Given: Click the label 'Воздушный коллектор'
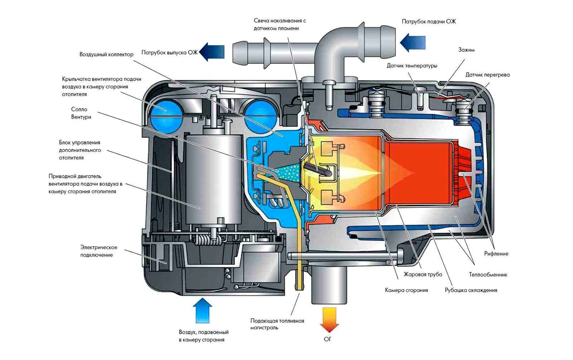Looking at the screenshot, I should (x=106, y=54).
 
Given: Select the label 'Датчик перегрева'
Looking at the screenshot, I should (x=487, y=75).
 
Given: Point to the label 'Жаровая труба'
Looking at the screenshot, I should (x=423, y=274).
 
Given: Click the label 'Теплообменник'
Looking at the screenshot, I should (x=488, y=275).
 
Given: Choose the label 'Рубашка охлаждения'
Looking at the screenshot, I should (x=471, y=290).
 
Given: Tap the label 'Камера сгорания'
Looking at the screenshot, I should (x=406, y=290).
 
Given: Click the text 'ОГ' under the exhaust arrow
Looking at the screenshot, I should (x=328, y=339).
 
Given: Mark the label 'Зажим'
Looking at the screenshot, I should (x=466, y=50).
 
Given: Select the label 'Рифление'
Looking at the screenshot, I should (x=496, y=254).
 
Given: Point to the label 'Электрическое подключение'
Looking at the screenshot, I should (x=98, y=251).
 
